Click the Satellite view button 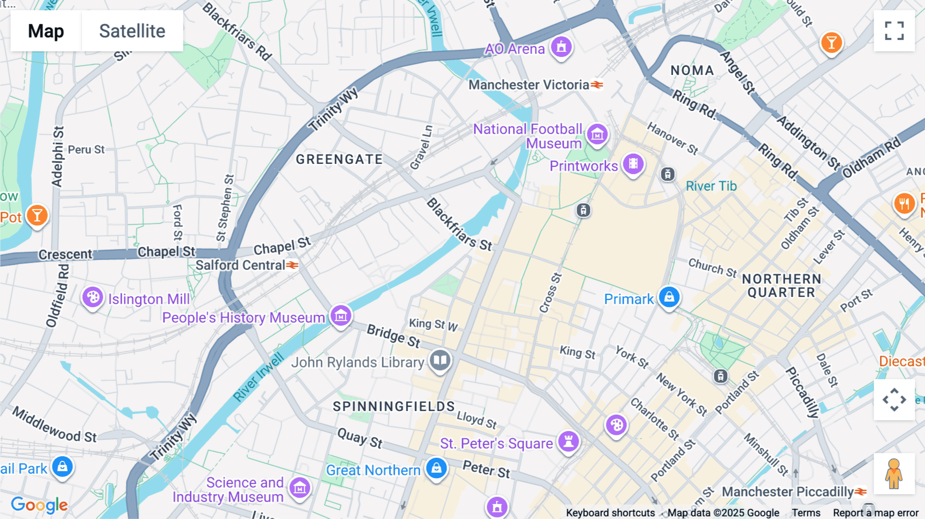[132, 31]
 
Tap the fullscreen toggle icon [894, 31]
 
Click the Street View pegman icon [894, 474]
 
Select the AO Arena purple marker [561, 47]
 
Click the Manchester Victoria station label [529, 85]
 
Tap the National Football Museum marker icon [597, 135]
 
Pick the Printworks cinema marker [633, 164]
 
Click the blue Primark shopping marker [669, 297]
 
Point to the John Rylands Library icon [440, 360]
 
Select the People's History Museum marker [341, 316]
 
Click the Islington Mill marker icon [93, 297]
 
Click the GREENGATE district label [339, 159]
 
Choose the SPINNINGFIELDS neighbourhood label [394, 406]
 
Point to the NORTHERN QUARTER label [781, 286]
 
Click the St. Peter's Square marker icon [568, 441]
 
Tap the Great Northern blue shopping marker [436, 468]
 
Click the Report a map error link [876, 513]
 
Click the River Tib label [711, 186]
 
